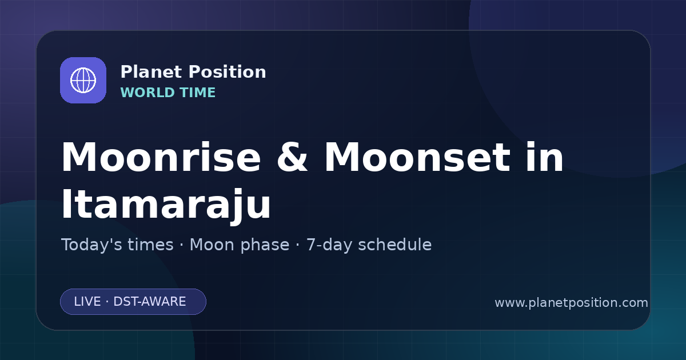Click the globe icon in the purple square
tap(83, 80)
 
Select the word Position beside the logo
tap(228, 72)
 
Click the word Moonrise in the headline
tap(161, 157)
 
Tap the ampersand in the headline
tap(292, 157)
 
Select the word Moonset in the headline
tap(417, 157)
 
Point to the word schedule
tap(395, 245)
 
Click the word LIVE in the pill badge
tap(87, 302)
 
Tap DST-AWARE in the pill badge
tap(149, 302)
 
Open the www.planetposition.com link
tap(572, 303)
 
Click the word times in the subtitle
tap(150, 245)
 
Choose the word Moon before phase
tap(212, 245)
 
